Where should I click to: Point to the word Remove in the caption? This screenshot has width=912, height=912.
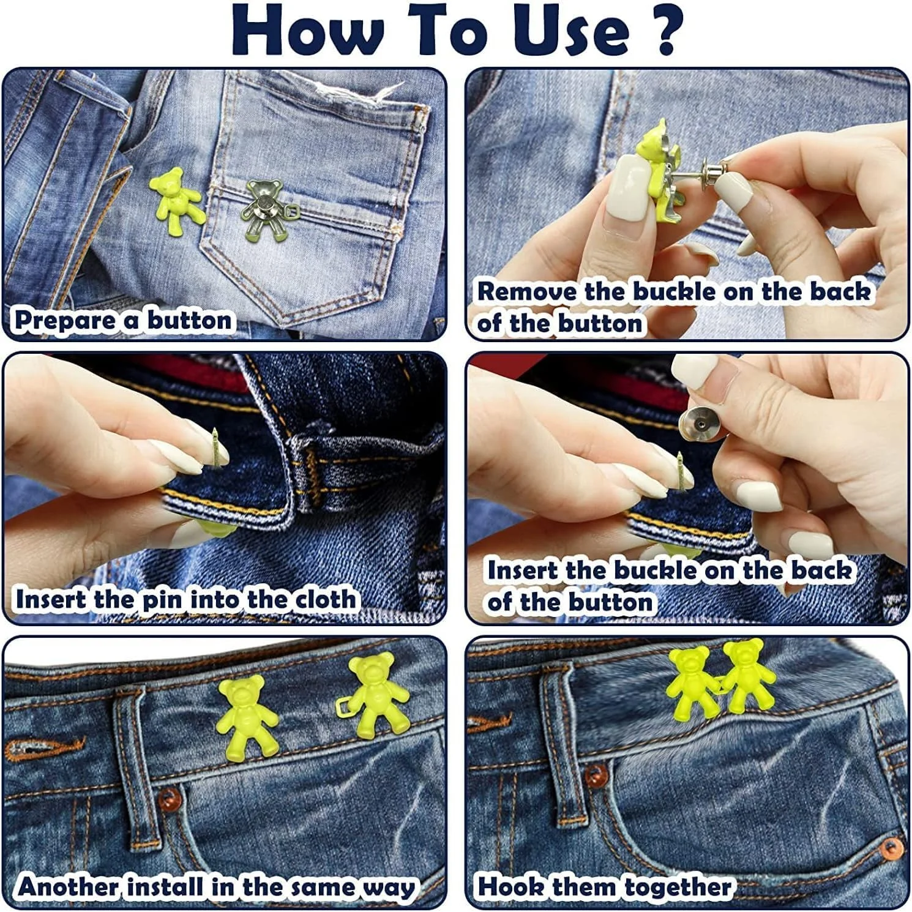[527, 291]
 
